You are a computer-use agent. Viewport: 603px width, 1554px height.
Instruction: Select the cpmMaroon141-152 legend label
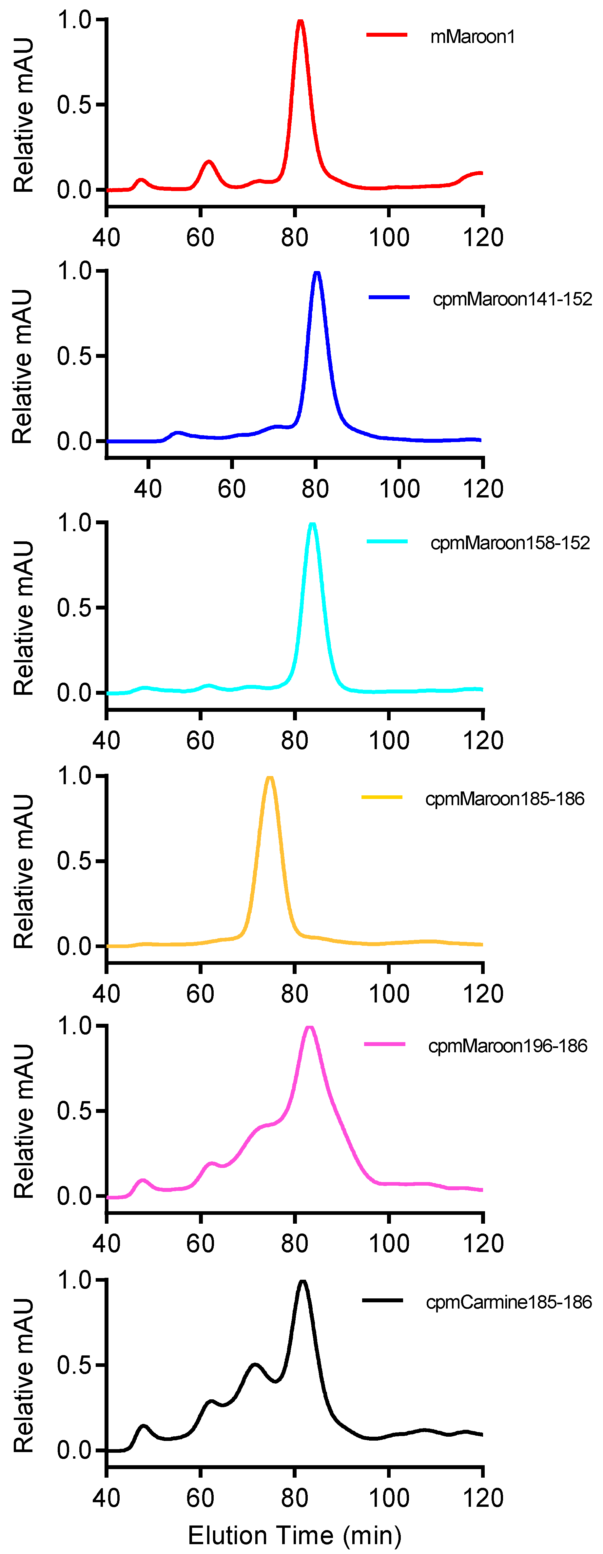512,299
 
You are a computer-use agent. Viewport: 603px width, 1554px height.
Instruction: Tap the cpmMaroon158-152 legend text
510,543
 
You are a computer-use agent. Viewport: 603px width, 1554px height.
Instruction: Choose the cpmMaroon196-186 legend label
507,1046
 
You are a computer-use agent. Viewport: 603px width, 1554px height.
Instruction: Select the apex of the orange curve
269,778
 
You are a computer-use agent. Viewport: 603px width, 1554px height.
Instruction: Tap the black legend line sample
382,1300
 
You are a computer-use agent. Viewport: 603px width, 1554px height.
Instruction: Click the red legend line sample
386,35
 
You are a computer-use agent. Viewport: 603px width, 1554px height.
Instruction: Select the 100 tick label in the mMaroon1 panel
389,238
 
